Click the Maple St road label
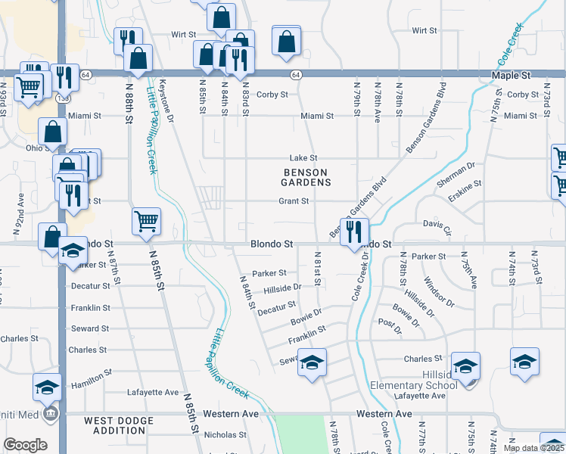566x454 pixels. coord(511,76)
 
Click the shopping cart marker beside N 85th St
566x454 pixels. coord(146,221)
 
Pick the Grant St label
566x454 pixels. coord(294,201)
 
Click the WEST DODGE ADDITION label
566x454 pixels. coord(115,425)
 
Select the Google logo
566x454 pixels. coord(25,445)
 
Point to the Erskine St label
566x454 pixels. coord(465,186)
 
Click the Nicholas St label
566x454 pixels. coord(220,435)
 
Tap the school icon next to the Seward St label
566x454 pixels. coord(312,362)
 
